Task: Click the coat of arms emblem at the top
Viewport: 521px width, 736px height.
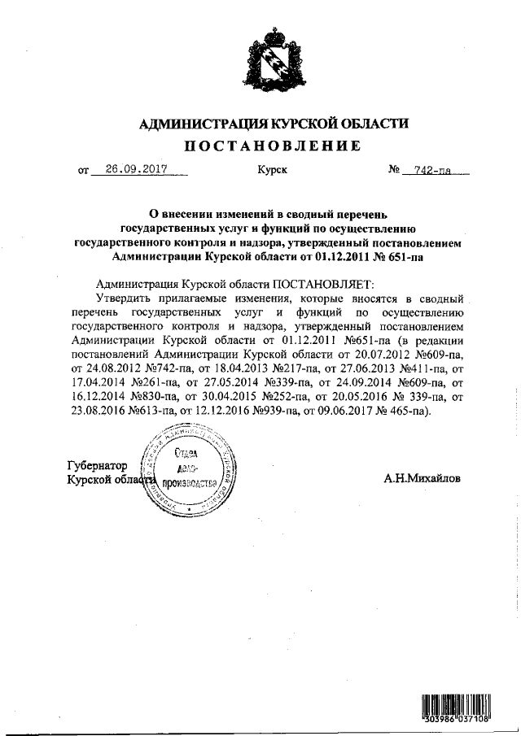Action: [x=274, y=59]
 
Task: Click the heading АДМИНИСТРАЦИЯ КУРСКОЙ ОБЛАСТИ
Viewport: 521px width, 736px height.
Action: [x=274, y=124]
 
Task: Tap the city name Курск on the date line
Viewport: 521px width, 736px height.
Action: [x=272, y=172]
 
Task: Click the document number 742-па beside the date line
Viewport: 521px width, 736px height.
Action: [x=432, y=171]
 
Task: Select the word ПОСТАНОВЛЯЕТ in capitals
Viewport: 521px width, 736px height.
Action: [x=322, y=284]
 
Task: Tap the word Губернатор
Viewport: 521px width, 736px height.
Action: [x=99, y=465]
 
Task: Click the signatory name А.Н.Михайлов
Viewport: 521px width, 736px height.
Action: [x=422, y=479]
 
